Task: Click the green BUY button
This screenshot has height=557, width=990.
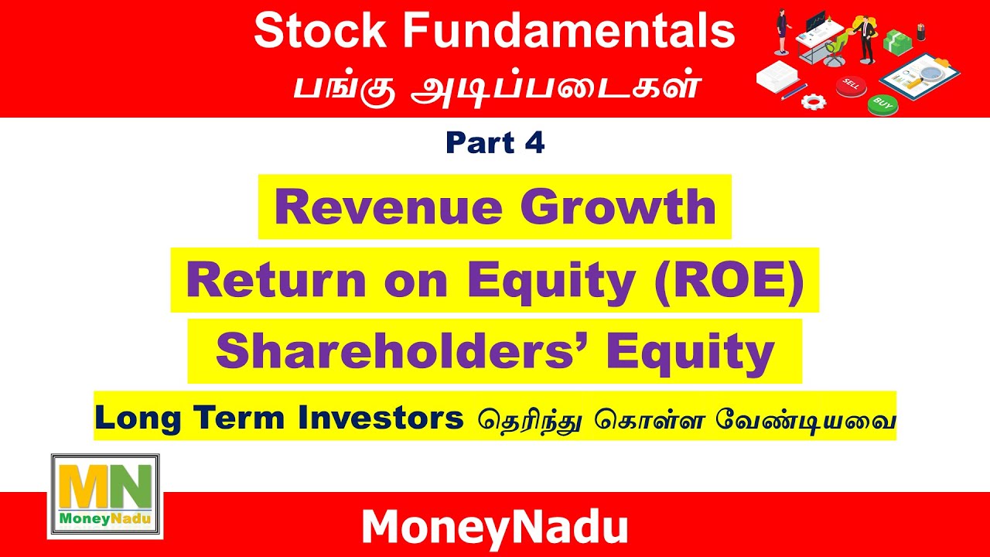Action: click(x=882, y=103)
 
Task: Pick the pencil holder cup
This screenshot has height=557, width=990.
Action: click(x=921, y=32)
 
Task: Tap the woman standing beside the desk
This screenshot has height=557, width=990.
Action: click(x=781, y=32)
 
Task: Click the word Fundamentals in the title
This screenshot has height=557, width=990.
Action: click(x=568, y=32)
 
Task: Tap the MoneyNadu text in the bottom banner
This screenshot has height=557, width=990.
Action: click(x=494, y=528)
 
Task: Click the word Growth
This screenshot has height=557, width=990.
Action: click(x=617, y=207)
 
